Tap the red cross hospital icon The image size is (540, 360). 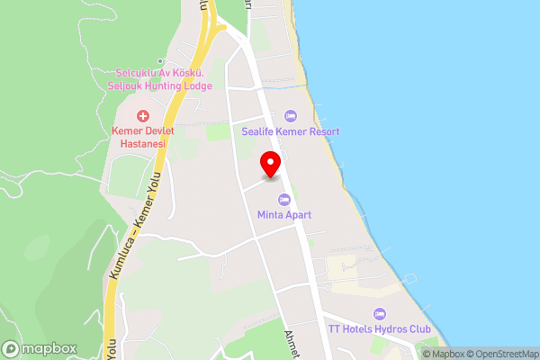pyautogui.click(x=142, y=116)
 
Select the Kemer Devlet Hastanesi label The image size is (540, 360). pyautogui.click(x=142, y=138)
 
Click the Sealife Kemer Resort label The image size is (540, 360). pyautogui.click(x=290, y=131)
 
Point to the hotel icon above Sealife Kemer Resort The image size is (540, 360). pyautogui.click(x=290, y=115)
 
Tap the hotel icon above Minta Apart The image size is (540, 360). pyautogui.click(x=284, y=199)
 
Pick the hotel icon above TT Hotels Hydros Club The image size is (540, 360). pyautogui.click(x=379, y=313)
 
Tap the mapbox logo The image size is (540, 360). pyautogui.click(x=39, y=348)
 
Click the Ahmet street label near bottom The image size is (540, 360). pyautogui.click(x=292, y=339)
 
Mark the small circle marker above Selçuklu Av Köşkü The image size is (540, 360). pyautogui.click(x=161, y=60)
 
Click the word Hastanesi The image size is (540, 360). pyautogui.click(x=142, y=143)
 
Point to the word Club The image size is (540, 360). pyautogui.click(x=418, y=329)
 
